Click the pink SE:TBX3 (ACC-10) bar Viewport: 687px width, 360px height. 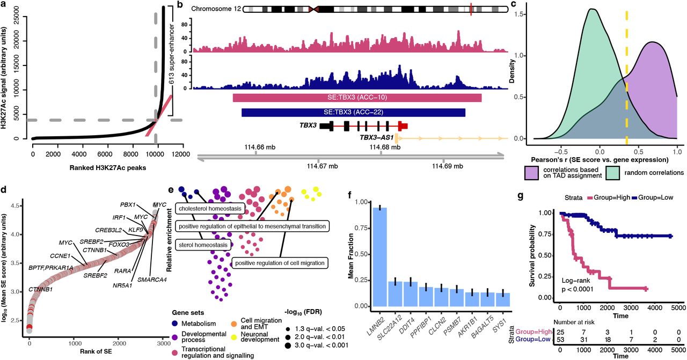357,98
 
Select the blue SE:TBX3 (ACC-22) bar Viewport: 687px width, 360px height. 353,113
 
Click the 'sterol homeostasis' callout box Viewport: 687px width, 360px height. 203,245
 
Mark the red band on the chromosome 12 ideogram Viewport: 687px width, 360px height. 471,9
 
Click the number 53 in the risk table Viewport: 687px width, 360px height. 562,339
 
